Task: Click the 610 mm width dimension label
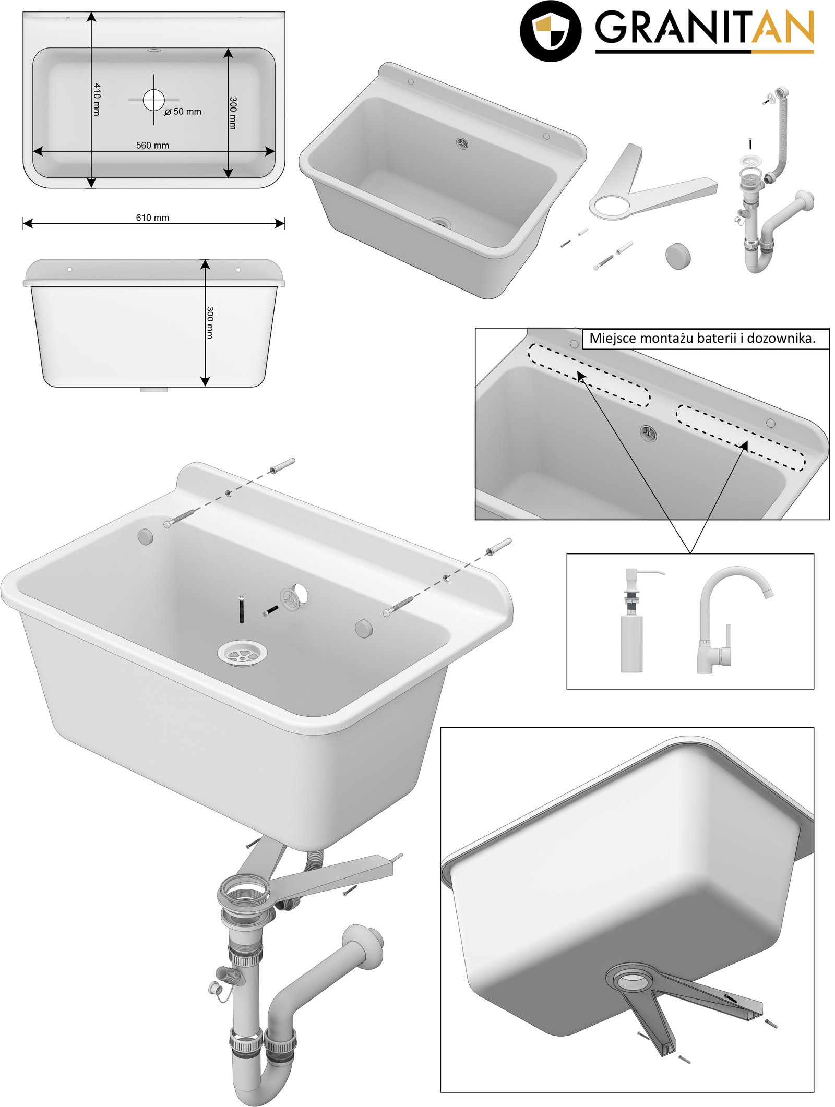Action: point(152,218)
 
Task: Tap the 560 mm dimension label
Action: point(152,145)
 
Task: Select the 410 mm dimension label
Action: point(97,99)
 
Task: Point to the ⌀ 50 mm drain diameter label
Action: point(183,112)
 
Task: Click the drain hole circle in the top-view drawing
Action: point(153,100)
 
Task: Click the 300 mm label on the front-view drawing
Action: point(210,322)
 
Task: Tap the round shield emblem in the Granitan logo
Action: point(551,31)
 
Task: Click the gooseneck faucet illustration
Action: point(731,620)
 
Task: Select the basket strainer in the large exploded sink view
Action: point(242,653)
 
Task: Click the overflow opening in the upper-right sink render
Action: point(461,143)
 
